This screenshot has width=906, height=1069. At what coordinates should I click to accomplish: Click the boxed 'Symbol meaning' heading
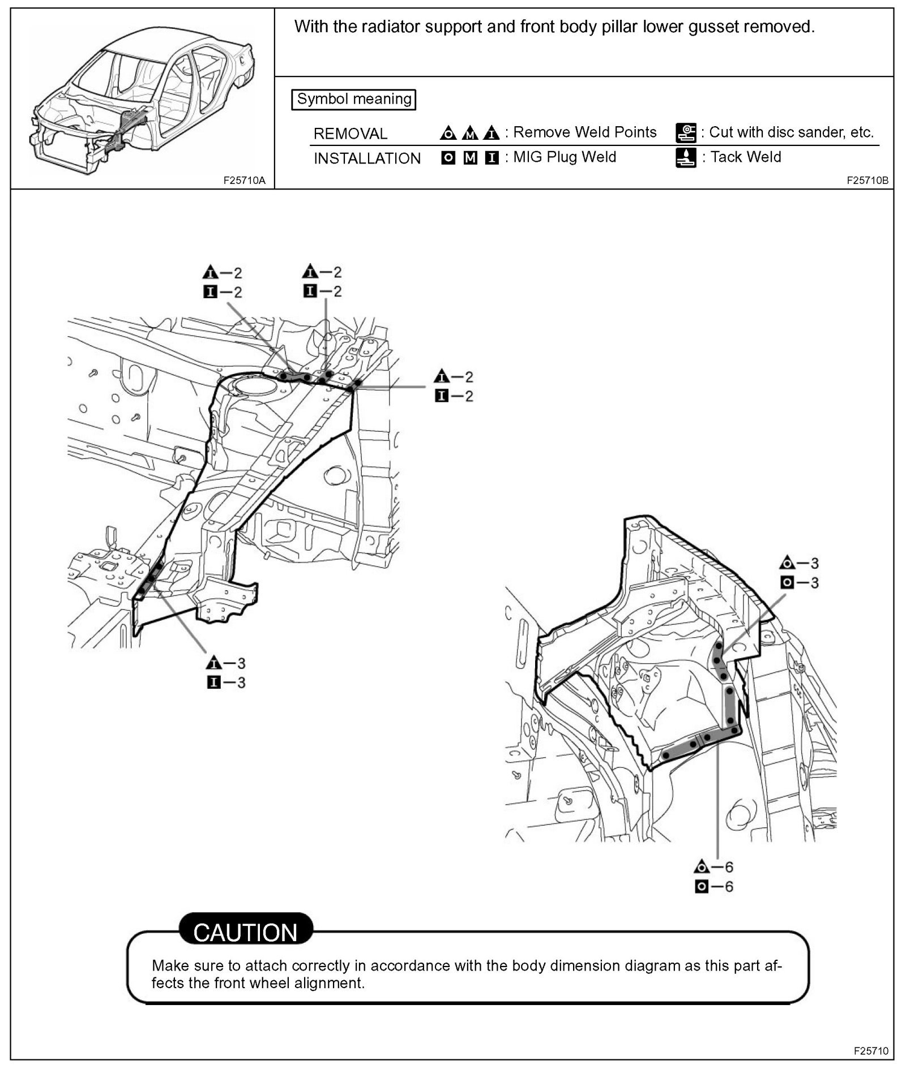pos(354,99)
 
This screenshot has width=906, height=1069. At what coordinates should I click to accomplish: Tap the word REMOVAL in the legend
pos(350,134)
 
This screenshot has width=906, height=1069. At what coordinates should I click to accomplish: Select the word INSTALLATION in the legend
pos(367,158)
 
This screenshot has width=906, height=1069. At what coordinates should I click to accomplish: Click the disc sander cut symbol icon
pos(686,133)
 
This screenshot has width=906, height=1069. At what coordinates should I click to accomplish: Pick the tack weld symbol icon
pos(686,158)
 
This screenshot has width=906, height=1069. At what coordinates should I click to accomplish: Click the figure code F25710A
pos(244,181)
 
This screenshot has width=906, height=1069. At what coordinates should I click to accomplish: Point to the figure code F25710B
pos(867,181)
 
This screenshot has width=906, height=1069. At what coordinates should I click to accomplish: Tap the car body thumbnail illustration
pos(142,102)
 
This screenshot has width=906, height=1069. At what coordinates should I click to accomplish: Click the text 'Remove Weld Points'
pos(584,132)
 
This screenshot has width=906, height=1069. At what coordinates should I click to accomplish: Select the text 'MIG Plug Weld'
pos(564,157)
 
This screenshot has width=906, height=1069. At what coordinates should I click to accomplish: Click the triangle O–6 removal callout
pos(713,867)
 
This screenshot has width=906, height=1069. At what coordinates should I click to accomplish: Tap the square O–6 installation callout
pos(713,886)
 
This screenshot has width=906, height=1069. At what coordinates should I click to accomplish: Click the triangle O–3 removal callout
pos(799,563)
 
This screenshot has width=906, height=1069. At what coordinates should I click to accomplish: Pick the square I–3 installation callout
pos(226,682)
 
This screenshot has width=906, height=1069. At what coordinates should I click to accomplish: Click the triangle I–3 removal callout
pos(226,663)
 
